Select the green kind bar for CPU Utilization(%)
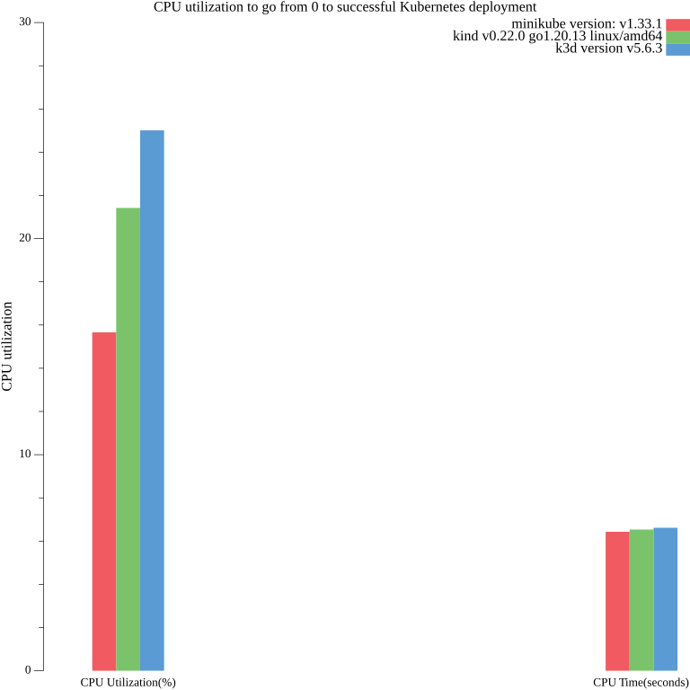tap(128, 439)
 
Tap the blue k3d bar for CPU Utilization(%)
tap(152, 401)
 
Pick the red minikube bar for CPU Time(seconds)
tap(617, 601)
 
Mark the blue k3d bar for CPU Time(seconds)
tap(665, 599)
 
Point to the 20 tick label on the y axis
tap(25, 238)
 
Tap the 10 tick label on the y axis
tap(25, 455)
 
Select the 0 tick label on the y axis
tap(28, 670)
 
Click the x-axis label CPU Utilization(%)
tap(128, 683)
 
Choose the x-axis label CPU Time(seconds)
tap(641, 683)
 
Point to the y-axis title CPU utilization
tap(8, 347)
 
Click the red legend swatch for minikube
tap(677, 24)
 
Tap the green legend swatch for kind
tap(677, 37)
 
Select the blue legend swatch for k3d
tap(677, 49)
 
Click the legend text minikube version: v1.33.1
tap(587, 23)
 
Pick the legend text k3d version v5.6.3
tap(609, 49)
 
